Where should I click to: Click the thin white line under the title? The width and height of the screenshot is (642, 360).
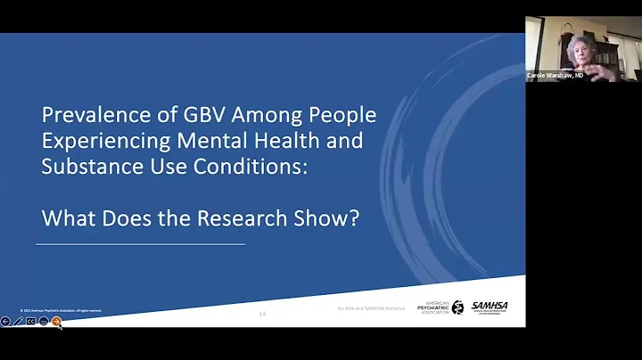coord(140,243)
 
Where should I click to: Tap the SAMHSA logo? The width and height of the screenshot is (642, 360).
coord(490,307)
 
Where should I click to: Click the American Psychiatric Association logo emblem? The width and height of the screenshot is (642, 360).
coord(457,307)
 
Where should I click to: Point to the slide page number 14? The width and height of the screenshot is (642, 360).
coord(262,314)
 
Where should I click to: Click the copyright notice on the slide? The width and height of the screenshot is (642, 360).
coord(61,310)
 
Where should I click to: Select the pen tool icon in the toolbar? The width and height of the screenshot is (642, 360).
coord(18,321)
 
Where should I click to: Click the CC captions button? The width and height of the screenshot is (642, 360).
coord(30,321)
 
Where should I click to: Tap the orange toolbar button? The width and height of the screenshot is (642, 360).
coord(56,321)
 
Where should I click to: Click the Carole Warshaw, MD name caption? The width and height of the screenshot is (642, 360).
coord(555,76)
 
